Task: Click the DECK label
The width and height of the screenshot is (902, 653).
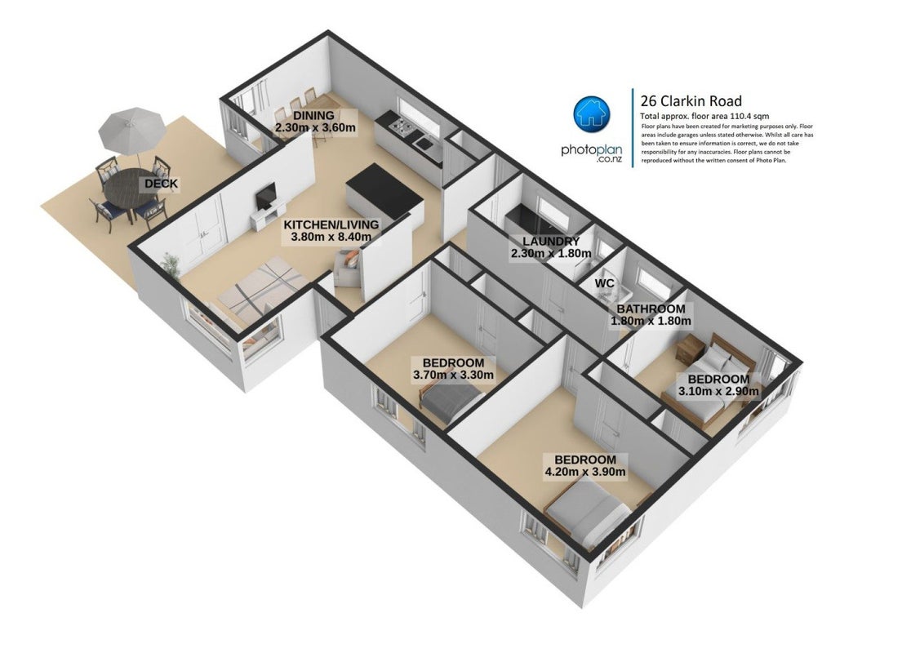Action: click(161, 184)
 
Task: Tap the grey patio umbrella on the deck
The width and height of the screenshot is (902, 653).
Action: click(131, 130)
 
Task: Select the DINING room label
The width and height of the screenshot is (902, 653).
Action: click(313, 116)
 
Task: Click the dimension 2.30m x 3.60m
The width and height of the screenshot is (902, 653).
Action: click(314, 127)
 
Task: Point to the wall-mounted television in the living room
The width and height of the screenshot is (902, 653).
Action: click(266, 197)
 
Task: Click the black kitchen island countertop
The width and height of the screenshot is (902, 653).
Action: click(384, 188)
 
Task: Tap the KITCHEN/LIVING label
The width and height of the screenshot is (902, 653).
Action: click(331, 224)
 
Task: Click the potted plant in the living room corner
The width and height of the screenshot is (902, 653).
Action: click(171, 266)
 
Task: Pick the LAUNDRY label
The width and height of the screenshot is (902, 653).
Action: click(550, 241)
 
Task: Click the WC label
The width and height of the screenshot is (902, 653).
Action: click(604, 283)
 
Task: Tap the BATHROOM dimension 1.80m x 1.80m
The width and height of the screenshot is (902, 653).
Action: click(651, 321)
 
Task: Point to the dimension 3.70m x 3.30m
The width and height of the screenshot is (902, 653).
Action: click(453, 375)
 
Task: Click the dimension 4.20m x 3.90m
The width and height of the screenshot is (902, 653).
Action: click(585, 473)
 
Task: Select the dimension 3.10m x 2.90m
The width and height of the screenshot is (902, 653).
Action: click(718, 392)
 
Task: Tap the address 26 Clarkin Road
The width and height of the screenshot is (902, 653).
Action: click(691, 101)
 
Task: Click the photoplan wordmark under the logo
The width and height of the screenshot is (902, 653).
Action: click(591, 150)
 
